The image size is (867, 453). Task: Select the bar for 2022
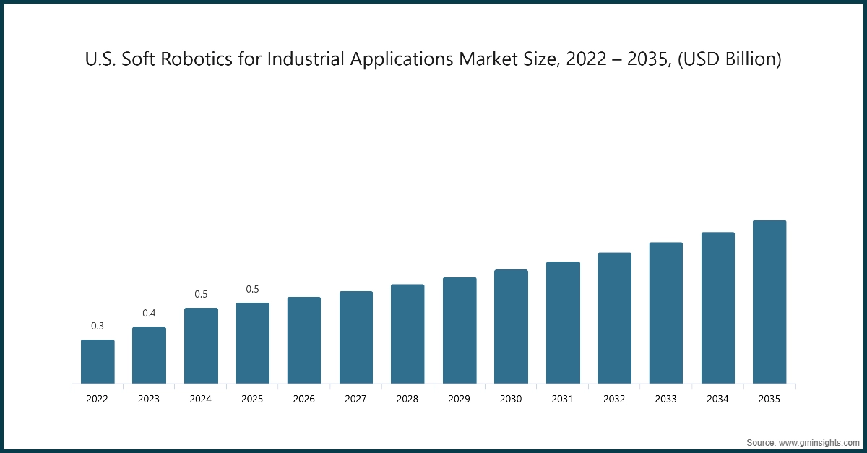98,361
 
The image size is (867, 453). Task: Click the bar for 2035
769,302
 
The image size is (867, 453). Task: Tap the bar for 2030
511,327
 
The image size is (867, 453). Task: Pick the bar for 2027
356,337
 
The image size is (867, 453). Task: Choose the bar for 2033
666,313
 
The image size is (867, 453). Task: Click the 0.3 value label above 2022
98,326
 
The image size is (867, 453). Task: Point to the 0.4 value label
149,313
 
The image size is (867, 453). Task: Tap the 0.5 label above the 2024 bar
201,294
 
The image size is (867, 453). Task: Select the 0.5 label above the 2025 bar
252,289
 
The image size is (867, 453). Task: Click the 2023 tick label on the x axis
149,398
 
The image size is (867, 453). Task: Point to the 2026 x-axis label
304,398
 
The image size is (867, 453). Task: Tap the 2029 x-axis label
460,398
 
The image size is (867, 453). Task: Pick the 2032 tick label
614,398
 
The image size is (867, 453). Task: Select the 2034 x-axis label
717,398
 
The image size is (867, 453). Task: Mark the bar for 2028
407,334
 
